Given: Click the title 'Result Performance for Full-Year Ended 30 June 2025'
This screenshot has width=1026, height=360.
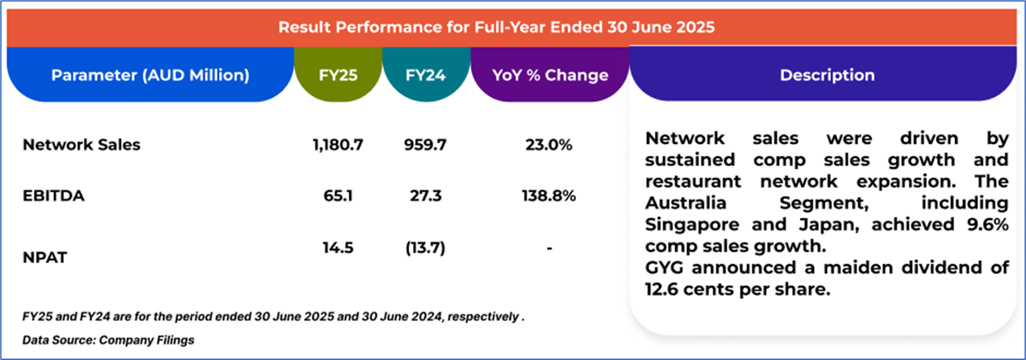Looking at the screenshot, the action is [497, 27].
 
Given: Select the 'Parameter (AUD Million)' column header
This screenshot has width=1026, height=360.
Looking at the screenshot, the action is [150, 75].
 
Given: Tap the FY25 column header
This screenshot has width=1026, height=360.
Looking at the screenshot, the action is [338, 75].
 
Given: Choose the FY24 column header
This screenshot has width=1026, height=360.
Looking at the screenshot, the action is [426, 75].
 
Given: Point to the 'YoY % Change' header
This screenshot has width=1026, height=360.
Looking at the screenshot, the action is [550, 75].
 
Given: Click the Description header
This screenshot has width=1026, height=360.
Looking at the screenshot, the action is [827, 75].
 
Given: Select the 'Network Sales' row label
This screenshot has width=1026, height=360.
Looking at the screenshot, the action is [81, 145].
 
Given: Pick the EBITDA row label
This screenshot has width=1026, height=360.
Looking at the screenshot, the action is [54, 196].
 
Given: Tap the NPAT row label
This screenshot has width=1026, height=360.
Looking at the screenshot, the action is [45, 257].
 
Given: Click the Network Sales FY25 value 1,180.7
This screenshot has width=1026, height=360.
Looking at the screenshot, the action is [338, 145].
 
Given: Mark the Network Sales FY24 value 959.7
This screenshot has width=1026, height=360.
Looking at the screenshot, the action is [425, 145].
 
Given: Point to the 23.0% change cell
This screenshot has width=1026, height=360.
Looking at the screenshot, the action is [548, 145].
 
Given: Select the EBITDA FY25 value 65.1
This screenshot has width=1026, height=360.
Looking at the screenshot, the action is [338, 196].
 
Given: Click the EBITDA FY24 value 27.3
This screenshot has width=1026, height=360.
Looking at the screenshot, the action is [426, 196].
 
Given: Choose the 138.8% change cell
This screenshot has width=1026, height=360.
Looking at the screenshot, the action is [548, 196].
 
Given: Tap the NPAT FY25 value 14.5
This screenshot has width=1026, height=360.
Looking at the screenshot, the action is [338, 248].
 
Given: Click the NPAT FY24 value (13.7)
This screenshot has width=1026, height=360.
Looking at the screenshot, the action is [426, 248].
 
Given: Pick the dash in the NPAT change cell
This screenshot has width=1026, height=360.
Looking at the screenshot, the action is [549, 249].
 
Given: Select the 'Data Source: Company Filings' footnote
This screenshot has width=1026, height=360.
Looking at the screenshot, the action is [108, 340].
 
